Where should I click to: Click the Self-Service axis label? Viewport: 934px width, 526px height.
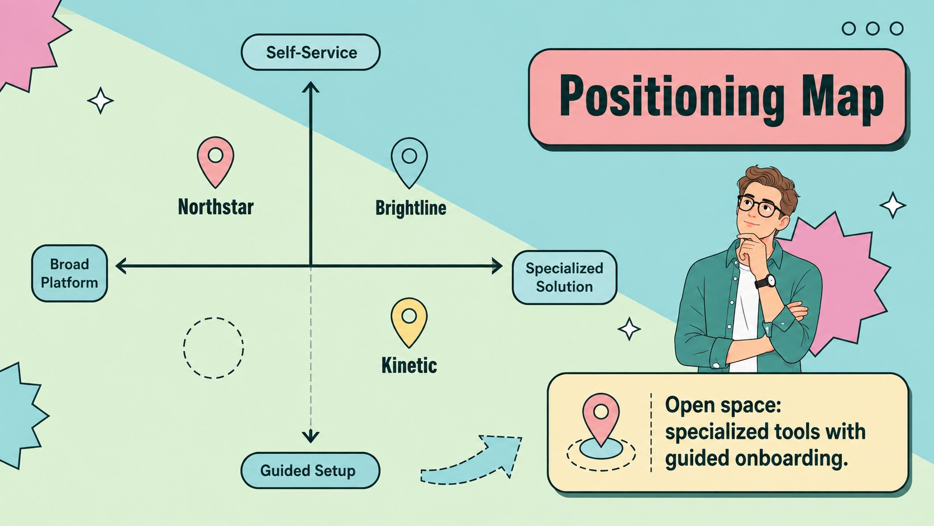coord(311,52)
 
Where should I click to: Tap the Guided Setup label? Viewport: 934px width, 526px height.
coord(310,471)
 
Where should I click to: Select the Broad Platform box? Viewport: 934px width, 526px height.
coord(69,273)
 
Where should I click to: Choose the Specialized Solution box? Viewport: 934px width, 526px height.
coord(564,277)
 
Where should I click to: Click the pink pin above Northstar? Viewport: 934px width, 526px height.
coord(215,162)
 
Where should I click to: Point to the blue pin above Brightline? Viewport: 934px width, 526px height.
coord(409,163)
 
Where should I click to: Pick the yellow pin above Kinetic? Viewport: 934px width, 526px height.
coord(409,323)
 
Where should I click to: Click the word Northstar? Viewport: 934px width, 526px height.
coord(216,207)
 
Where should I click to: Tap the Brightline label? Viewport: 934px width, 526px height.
coord(411,208)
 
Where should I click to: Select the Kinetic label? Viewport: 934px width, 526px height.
coord(409,366)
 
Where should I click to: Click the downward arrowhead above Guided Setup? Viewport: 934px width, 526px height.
coord(311,437)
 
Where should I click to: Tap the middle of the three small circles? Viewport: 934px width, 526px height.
coord(873,29)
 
